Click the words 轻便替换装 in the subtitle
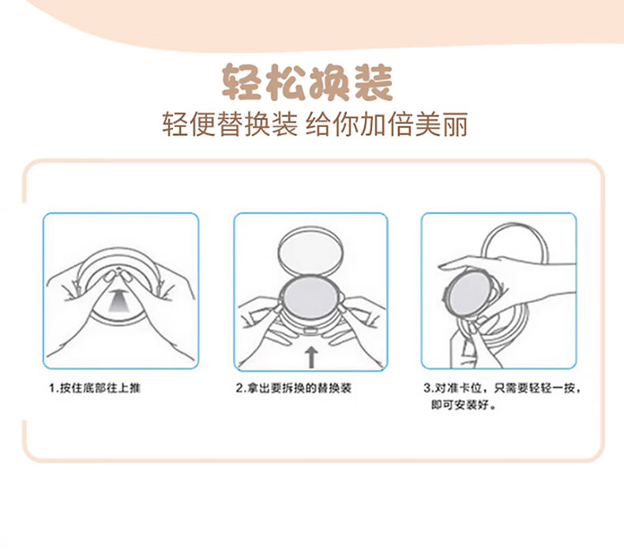pyautogui.click(x=230, y=125)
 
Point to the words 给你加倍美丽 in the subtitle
pyautogui.click(x=386, y=125)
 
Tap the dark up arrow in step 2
pyautogui.click(x=311, y=357)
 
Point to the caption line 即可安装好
pyautogui.click(x=463, y=406)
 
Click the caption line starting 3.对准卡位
pyautogui.click(x=502, y=387)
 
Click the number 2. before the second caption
pyautogui.click(x=241, y=387)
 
